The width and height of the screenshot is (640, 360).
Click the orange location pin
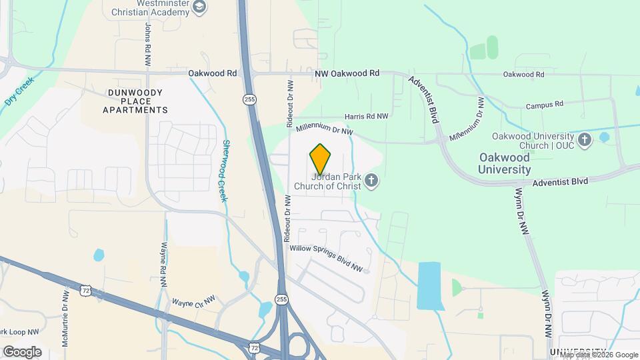pyautogui.click(x=320, y=159)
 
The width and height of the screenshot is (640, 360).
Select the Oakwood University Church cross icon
pyautogui.click(x=585, y=139)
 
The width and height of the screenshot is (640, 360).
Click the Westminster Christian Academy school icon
pyautogui.click(x=199, y=7)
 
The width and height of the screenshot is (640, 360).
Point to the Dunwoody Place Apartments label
pyautogui.click(x=135, y=101)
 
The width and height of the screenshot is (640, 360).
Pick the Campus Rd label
pyautogui.click(x=544, y=105)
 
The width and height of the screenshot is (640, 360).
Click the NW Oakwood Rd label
pyautogui.click(x=347, y=73)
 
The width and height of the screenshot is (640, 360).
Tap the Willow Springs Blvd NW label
pyautogui.click(x=325, y=258)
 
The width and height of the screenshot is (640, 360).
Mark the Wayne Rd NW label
pyautogui.click(x=163, y=264)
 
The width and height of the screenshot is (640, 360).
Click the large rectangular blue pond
pyautogui.click(x=429, y=285)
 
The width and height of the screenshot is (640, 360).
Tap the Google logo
pyautogui.click(x=21, y=352)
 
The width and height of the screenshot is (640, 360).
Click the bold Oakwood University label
pyautogui.click(x=505, y=163)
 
